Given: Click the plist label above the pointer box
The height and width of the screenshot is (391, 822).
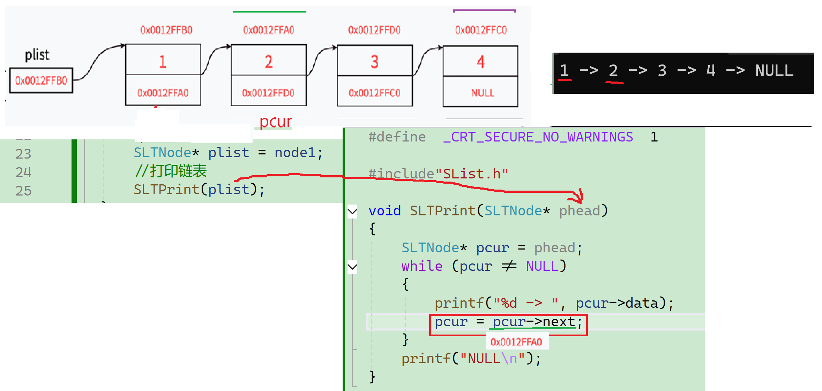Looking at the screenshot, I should coord(37,55).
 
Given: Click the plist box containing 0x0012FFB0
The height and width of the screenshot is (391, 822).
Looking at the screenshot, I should coord(41,80).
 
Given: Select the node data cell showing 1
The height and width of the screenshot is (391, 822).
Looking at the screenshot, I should coord(163,62).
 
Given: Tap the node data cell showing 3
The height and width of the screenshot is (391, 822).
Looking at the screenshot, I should coord(374,62).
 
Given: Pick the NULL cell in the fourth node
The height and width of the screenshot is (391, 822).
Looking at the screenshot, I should coord(483,93).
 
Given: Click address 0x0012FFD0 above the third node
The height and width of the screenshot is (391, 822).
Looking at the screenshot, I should coord(374,30).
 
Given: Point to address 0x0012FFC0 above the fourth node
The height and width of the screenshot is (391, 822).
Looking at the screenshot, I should coord(481,30).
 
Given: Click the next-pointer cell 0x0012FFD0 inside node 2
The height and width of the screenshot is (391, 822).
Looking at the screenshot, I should coord(268,93).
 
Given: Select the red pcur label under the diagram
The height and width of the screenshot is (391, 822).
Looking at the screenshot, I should coord(276,122).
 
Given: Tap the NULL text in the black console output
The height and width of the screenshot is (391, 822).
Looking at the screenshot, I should coord(774,71).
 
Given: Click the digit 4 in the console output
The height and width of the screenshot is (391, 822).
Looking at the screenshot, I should coord(711,71).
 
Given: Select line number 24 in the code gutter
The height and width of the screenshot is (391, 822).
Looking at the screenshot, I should coord(23,172).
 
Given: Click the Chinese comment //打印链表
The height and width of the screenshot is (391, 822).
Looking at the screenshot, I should coord(171,171).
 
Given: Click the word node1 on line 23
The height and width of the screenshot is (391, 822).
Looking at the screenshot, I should coord(295,153).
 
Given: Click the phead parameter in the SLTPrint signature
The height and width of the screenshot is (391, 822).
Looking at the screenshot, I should coord(580,211).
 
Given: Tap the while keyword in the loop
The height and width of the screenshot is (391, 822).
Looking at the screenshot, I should coord(422,266).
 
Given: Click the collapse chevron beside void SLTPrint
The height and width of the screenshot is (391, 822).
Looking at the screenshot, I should coord(353,211).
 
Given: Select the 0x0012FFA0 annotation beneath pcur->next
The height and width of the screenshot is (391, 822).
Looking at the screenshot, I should coord(516,342).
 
